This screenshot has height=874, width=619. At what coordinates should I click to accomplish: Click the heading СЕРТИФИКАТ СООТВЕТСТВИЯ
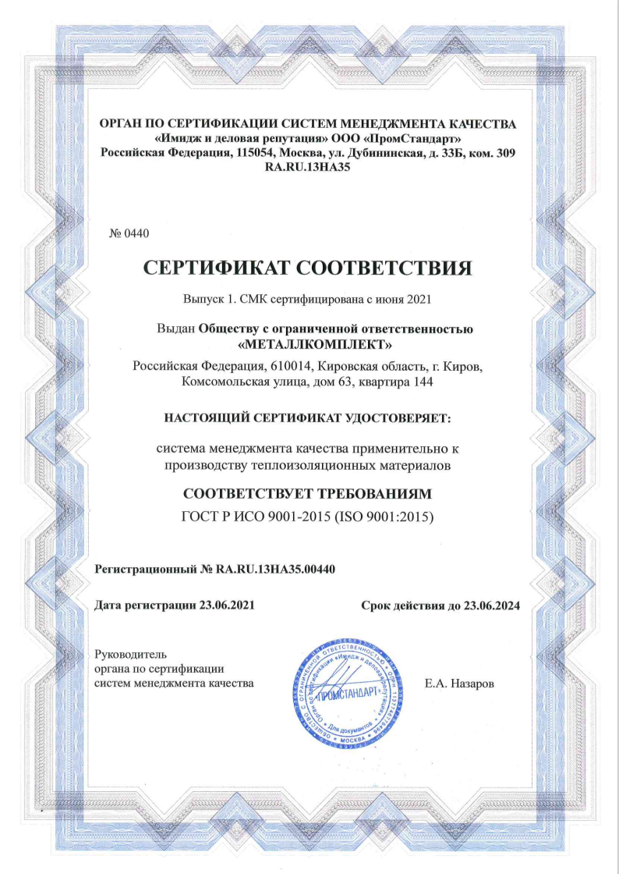[x=309, y=268]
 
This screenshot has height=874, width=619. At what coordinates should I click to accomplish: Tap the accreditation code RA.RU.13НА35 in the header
[x=309, y=166]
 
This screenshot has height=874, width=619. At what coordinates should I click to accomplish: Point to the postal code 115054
[x=255, y=152]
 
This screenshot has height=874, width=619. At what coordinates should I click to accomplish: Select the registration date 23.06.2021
[x=227, y=605]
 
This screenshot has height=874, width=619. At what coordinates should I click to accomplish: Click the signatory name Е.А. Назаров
[x=460, y=684]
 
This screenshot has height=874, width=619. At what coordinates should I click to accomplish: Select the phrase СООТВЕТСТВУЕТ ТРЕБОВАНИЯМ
[x=306, y=493]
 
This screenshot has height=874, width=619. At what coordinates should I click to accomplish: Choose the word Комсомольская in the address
[x=225, y=382]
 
